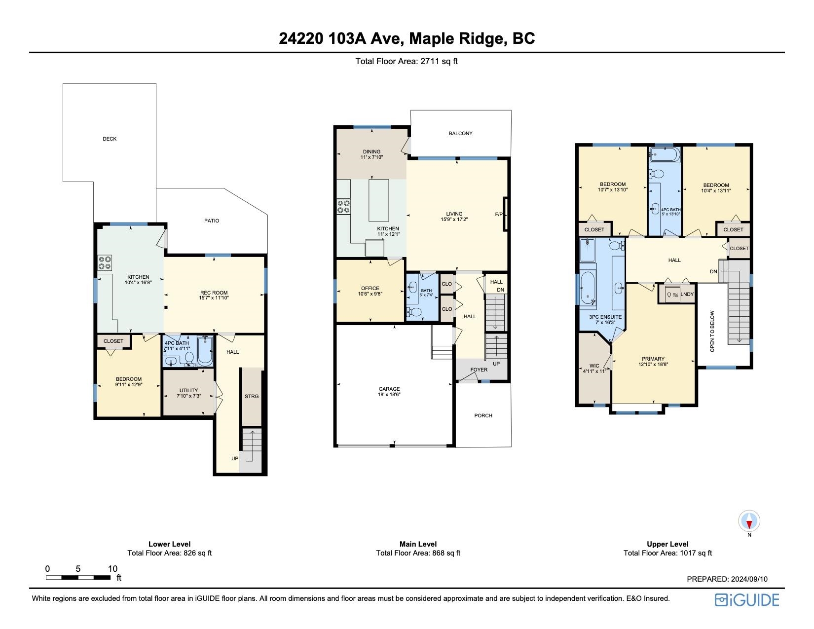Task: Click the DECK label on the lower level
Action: pyautogui.click(x=110, y=139)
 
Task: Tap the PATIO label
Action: pyautogui.click(x=212, y=221)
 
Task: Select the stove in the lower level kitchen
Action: pyautogui.click(x=105, y=262)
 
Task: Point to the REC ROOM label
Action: pyautogui.click(x=214, y=293)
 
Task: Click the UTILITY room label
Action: pyautogui.click(x=188, y=390)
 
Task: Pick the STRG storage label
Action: pyautogui.click(x=252, y=396)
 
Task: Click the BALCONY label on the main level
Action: pyautogui.click(x=460, y=133)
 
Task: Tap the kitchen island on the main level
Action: pyautogui.click(x=378, y=200)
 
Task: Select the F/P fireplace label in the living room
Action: pyautogui.click(x=499, y=214)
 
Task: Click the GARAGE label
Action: pyautogui.click(x=389, y=389)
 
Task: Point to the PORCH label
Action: pyautogui.click(x=483, y=415)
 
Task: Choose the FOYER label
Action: pyautogui.click(x=479, y=370)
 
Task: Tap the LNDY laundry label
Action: pyautogui.click(x=687, y=295)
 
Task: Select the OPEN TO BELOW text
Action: pyautogui.click(x=712, y=331)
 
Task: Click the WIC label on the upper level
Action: pyautogui.click(x=594, y=366)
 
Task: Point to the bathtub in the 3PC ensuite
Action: pyautogui.click(x=588, y=289)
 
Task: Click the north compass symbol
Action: pyautogui.click(x=749, y=521)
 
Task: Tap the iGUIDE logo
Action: pyautogui.click(x=747, y=600)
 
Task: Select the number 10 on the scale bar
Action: pyautogui.click(x=113, y=569)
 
